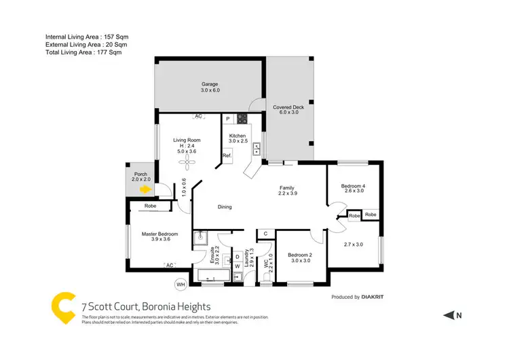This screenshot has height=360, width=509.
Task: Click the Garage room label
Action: [210, 84]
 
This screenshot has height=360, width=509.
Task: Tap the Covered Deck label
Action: [288, 107]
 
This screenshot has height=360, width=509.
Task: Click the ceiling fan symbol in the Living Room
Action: [181, 162]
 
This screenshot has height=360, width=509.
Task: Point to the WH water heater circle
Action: [181, 284]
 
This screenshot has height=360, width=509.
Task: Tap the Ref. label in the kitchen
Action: [227, 156]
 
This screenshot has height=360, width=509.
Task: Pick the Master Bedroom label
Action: [160, 234]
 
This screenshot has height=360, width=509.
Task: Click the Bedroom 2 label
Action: [300, 255]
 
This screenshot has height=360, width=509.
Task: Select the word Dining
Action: [225, 207]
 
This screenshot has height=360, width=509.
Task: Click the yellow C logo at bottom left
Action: [63, 307]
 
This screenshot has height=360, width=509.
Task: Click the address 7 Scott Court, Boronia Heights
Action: [146, 307]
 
